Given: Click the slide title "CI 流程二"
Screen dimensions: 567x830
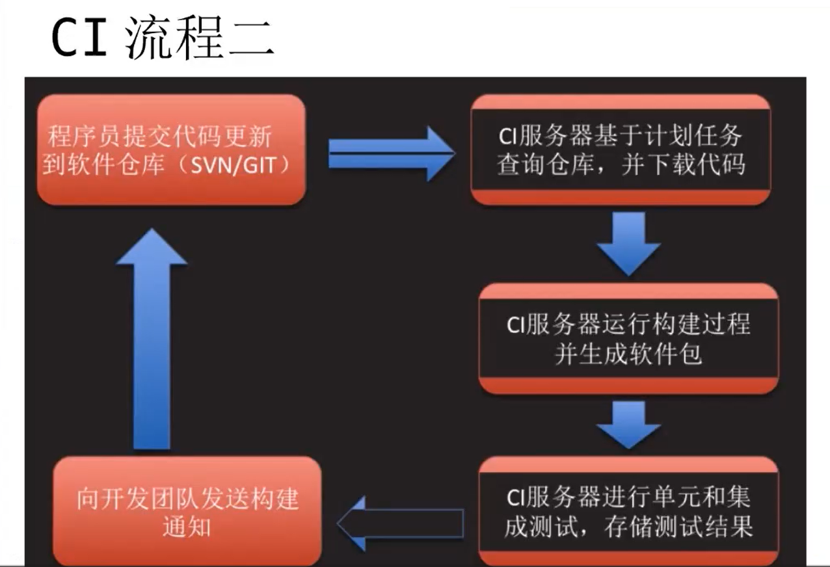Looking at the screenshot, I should coord(163,38).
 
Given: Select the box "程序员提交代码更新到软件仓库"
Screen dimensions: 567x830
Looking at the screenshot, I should coord(171,150).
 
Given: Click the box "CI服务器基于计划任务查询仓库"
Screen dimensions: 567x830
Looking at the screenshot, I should coord(620,150).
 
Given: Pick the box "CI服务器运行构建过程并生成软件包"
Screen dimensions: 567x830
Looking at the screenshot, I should coord(628,339).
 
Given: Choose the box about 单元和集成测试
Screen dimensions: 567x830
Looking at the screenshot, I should coord(628,511).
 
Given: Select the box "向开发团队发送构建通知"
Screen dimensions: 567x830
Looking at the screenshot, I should coord(187,511).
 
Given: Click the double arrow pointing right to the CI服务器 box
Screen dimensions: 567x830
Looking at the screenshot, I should coord(390,153).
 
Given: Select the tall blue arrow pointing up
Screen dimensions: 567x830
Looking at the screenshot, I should coord(152,338).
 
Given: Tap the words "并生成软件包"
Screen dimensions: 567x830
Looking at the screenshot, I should coord(628,355).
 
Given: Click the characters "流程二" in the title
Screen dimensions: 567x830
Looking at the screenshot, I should coord(198,38).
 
